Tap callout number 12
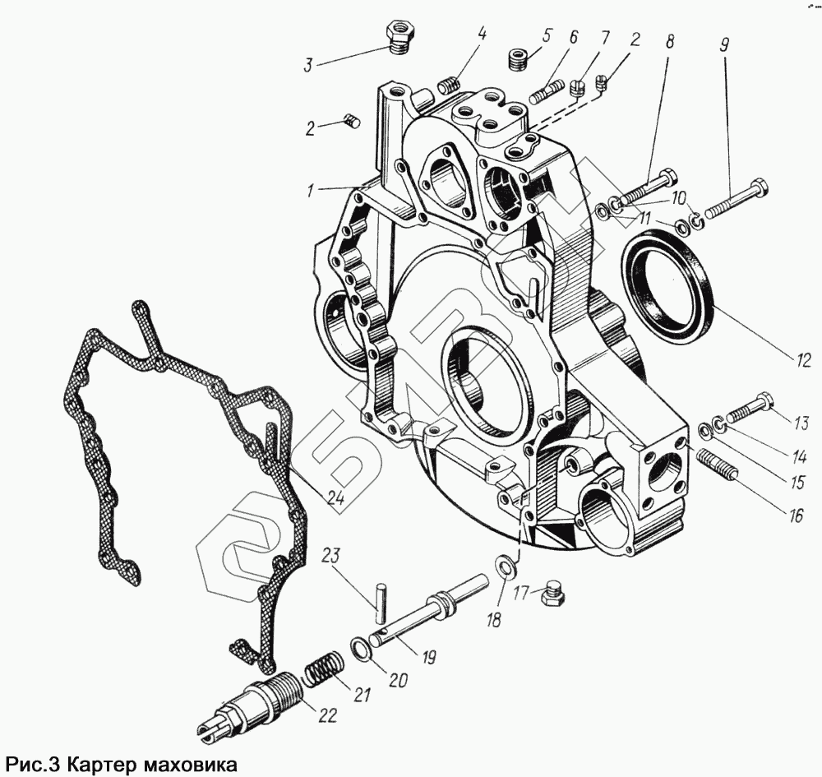pyautogui.click(x=803, y=359)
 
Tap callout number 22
pyautogui.click(x=326, y=715)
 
